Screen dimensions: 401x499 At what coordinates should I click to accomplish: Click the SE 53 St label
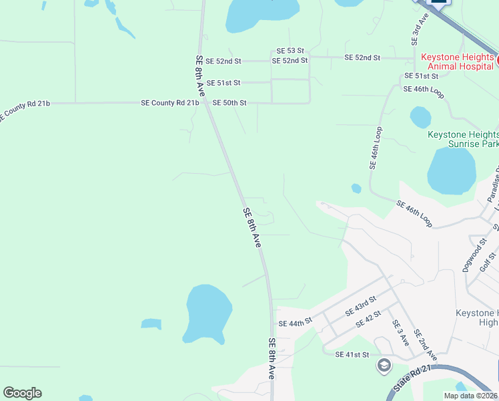click(x=290, y=51)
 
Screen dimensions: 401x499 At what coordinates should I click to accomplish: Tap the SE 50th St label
click(x=229, y=103)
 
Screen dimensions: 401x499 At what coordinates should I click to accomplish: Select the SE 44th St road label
click(x=296, y=323)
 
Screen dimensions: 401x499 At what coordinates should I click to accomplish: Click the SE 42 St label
click(x=368, y=318)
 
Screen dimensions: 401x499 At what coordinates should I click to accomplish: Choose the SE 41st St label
click(x=352, y=354)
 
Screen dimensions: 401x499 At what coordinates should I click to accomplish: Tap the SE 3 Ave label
click(x=400, y=332)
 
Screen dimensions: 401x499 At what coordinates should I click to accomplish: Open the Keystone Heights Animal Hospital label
click(x=458, y=62)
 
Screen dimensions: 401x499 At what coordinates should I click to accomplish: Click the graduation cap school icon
click(x=384, y=365)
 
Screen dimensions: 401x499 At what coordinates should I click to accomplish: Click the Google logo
click(x=22, y=393)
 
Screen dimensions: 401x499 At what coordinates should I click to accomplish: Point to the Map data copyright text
click(x=471, y=396)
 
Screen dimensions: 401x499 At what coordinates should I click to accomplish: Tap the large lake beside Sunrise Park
click(x=451, y=170)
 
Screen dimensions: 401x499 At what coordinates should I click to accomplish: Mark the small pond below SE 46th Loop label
click(x=420, y=118)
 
